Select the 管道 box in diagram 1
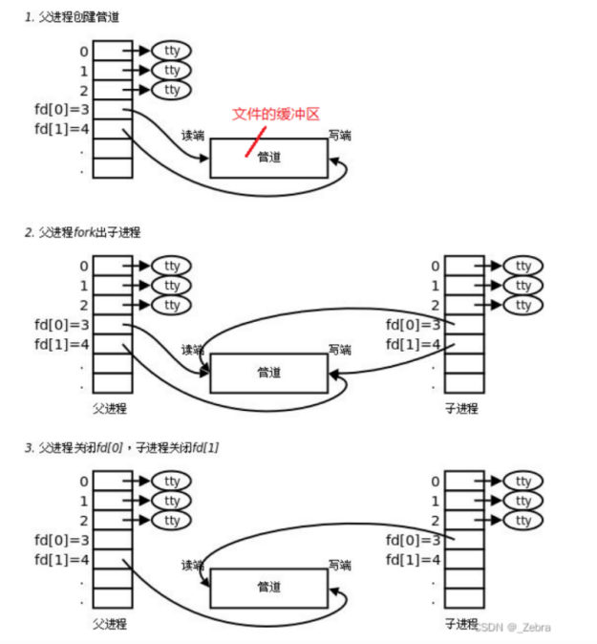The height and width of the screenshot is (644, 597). coord(268,158)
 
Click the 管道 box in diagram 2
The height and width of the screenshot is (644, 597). coord(268,373)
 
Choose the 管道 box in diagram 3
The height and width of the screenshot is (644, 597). coord(268,588)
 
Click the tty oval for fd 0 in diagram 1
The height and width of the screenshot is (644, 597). coord(172,51)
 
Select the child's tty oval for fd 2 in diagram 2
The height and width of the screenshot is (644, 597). coord(522,305)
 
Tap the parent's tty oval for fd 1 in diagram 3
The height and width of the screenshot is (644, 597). coord(172,501)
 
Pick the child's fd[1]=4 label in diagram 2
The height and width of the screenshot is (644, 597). coord(414,344)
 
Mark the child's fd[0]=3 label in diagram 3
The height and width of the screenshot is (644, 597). coord(414,540)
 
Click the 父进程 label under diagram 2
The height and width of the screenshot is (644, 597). coord(110,408)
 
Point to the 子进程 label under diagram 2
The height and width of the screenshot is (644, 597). coord(461,408)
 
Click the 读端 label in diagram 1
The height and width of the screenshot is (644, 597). coord(193,135)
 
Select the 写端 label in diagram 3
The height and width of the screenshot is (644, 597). coord(339,565)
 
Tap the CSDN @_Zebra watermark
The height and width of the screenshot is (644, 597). coord(514,627)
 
